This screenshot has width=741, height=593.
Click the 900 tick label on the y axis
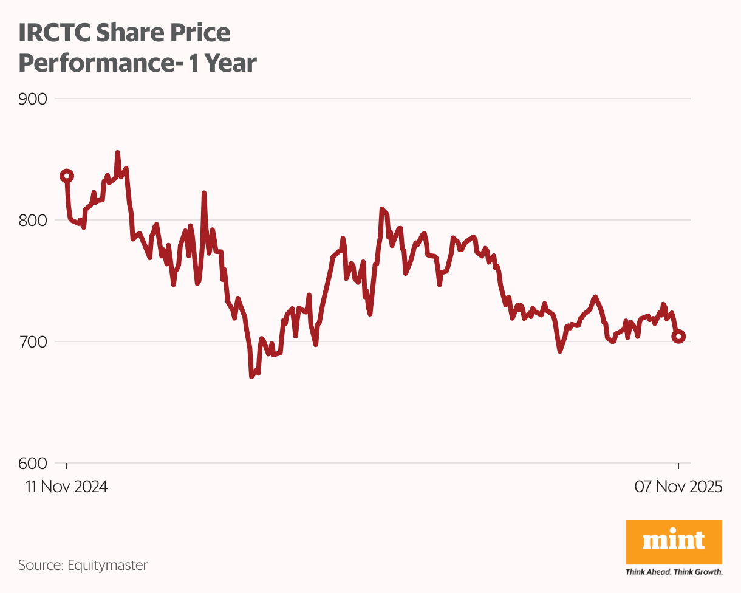[33, 98]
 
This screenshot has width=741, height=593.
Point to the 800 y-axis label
[33, 220]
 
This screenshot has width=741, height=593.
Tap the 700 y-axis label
[33, 341]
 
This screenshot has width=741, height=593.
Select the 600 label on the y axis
[33, 463]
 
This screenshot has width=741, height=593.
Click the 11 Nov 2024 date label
[67, 487]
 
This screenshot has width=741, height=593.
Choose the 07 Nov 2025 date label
[678, 487]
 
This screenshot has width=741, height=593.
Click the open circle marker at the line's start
[67, 176]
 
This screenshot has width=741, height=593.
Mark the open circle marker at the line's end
[679, 337]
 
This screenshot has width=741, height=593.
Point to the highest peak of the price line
[117, 153]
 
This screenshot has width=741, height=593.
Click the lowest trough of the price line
[251, 377]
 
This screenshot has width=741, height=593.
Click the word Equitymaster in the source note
[107, 565]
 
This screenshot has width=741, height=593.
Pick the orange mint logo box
[674, 541]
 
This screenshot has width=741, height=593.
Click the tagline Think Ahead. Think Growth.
[674, 572]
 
